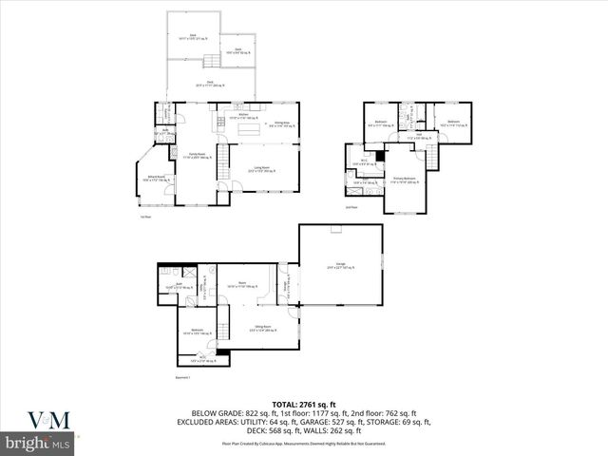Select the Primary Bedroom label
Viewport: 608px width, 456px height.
(405, 179)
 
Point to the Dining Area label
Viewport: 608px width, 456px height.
(281, 124)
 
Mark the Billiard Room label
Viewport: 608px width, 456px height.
(154, 178)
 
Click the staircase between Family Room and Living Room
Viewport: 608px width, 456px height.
(224, 159)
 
